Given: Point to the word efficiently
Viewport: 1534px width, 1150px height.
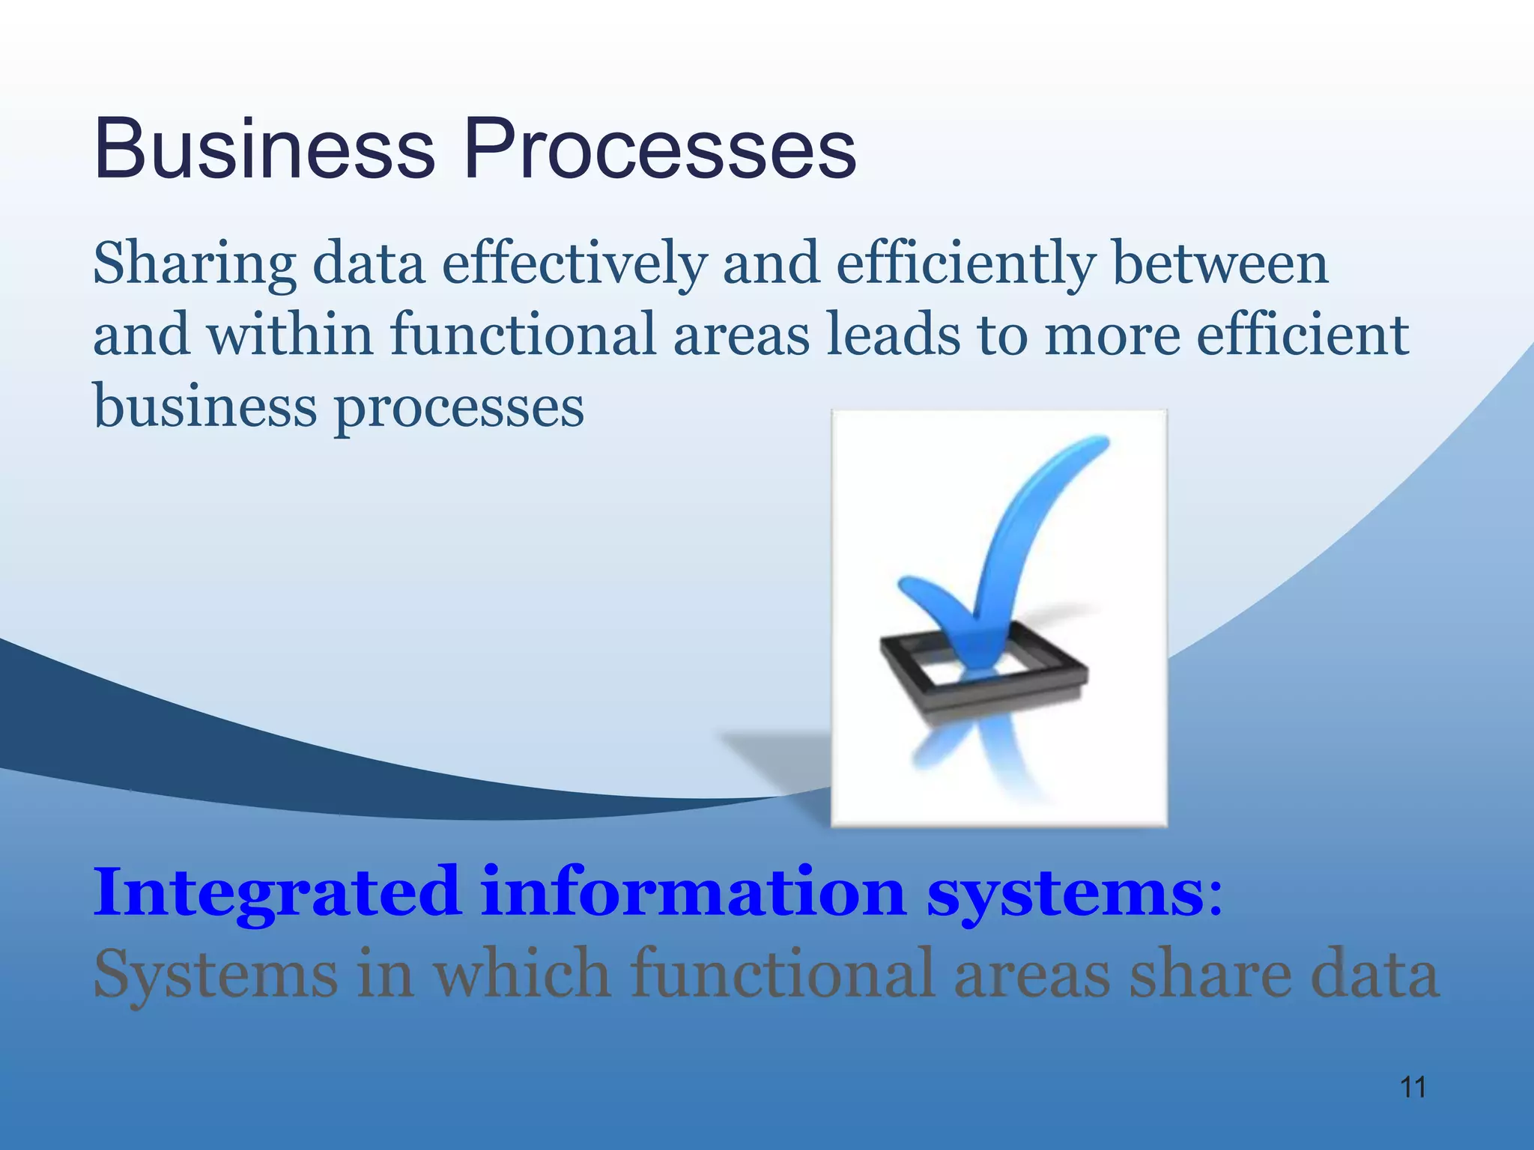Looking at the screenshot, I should pyautogui.click(x=965, y=266).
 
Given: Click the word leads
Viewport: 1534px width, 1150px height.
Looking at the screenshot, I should pyautogui.click(x=893, y=335).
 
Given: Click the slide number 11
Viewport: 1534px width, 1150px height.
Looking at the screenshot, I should pyautogui.click(x=1413, y=1087).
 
